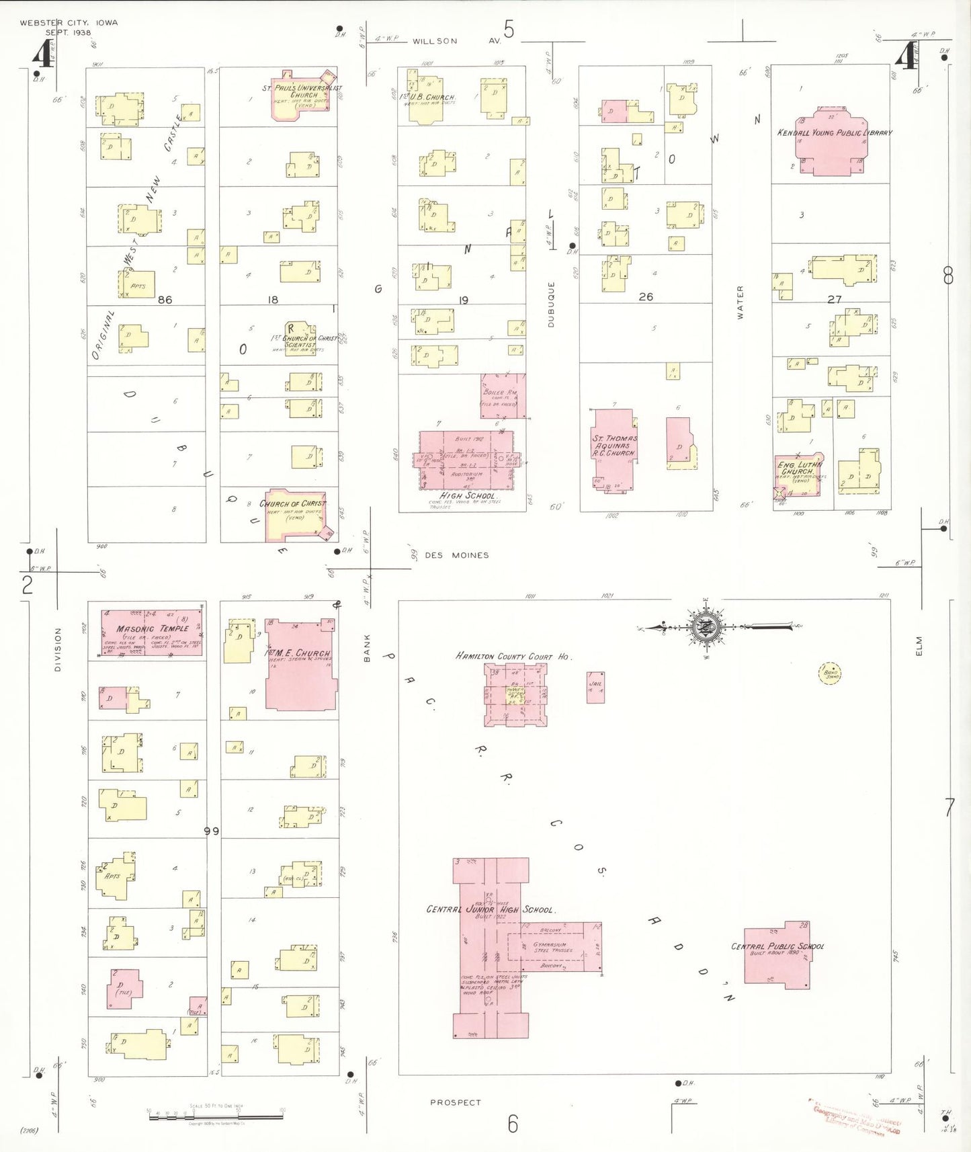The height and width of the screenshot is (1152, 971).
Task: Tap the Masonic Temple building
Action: pos(152,633)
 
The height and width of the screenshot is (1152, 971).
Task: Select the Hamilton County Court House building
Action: pos(515,695)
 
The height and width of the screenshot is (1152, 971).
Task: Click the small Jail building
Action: pos(595,687)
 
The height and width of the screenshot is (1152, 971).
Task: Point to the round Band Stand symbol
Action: pos(831,673)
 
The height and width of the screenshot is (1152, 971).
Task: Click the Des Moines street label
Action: pos(456,555)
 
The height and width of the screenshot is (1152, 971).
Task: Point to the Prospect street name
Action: pos(456,1102)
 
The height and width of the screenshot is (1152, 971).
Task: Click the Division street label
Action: pos(58,649)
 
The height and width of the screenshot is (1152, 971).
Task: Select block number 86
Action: pos(165,300)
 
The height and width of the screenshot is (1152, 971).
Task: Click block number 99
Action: pos(212,831)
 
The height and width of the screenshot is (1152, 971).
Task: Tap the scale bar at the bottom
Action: pos(215,1116)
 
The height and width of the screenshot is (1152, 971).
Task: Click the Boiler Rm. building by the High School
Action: pos(503,397)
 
